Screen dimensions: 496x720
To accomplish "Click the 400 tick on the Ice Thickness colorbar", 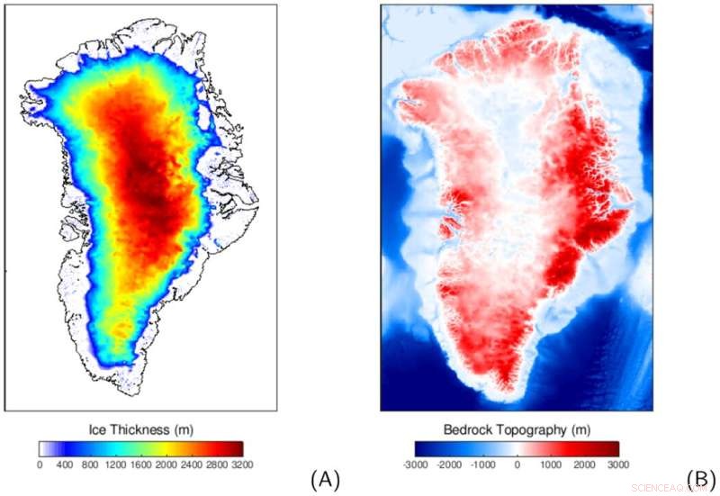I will click(65, 464).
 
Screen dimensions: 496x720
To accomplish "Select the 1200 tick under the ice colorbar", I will click(116, 464).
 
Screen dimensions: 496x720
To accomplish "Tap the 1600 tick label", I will click(141, 464).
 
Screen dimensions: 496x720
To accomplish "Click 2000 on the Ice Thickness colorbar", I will click(166, 464).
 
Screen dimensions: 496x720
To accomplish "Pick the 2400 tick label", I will click(192, 464).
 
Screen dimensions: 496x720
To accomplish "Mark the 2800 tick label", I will click(217, 464).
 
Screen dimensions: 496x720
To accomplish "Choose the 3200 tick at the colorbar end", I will click(242, 464).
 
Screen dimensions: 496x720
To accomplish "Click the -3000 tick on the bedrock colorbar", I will click(416, 464).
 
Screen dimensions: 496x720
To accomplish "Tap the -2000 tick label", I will click(450, 464).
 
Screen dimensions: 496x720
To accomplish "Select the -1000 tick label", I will click(484, 464).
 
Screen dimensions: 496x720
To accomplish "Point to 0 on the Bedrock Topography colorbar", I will click(517, 464).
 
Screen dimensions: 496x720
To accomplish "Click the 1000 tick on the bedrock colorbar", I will click(551, 464).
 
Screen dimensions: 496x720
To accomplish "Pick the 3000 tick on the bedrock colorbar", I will click(618, 464).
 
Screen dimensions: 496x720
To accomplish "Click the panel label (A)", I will click(325, 479).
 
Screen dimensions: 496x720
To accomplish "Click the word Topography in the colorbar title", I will click(535, 429).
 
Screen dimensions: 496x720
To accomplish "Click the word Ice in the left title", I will click(96, 429).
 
